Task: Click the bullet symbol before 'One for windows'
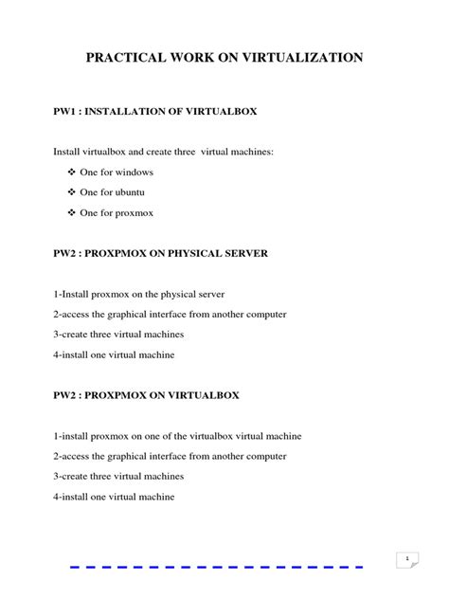(x=72, y=172)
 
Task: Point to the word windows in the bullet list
(x=135, y=172)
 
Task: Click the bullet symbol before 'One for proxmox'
(x=72, y=213)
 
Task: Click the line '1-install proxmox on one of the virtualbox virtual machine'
(x=177, y=435)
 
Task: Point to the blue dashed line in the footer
(x=217, y=567)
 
